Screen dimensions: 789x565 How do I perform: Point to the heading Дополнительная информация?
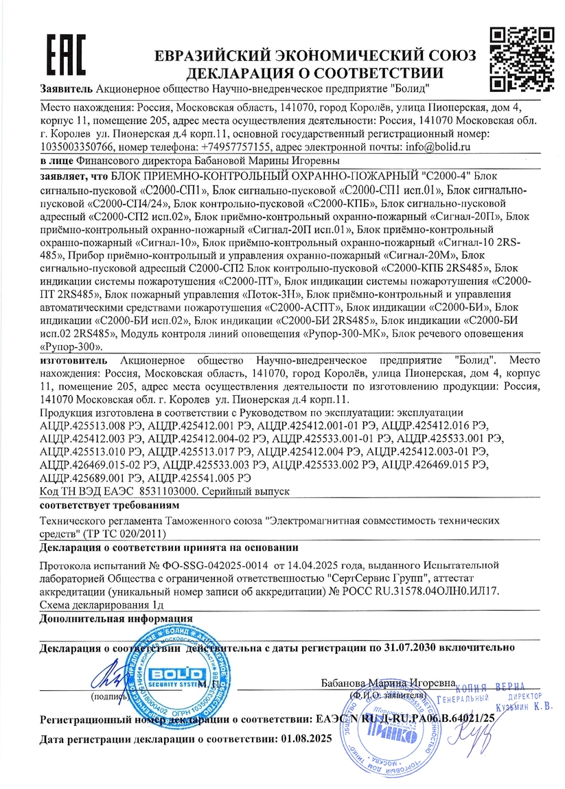[x=116, y=617]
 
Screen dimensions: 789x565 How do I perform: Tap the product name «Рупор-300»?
[x=72, y=347]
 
